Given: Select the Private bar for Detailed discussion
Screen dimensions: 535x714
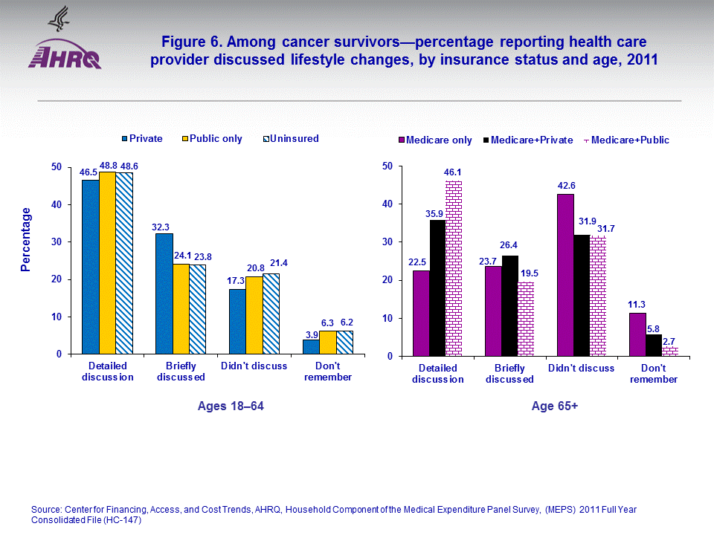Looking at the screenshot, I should point(90,267).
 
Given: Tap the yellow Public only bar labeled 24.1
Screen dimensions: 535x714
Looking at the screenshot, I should point(180,308).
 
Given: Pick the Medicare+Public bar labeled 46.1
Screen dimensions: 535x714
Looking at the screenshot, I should point(454,268).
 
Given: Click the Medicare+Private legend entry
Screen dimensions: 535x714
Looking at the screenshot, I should point(526,140).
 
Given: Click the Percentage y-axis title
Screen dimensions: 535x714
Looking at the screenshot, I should point(26,239).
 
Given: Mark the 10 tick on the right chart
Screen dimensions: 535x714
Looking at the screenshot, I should point(387,318).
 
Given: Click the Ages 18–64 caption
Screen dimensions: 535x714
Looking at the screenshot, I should point(231,406).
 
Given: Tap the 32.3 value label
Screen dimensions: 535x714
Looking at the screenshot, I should point(163,226).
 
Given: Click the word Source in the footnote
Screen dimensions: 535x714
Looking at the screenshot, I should point(46,509).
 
